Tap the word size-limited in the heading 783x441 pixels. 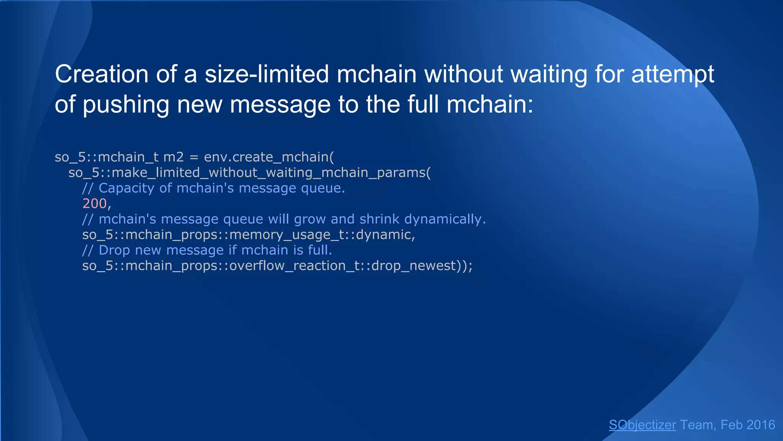point(267,74)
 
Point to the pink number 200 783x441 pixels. point(94,204)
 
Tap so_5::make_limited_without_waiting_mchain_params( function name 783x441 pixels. point(249,173)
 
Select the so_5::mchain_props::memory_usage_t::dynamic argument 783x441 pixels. point(249,235)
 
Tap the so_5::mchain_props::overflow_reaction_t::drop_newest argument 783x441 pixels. point(277,266)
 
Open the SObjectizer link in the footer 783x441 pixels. point(642,425)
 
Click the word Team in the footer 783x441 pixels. point(697,425)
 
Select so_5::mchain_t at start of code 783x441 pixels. point(106,157)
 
